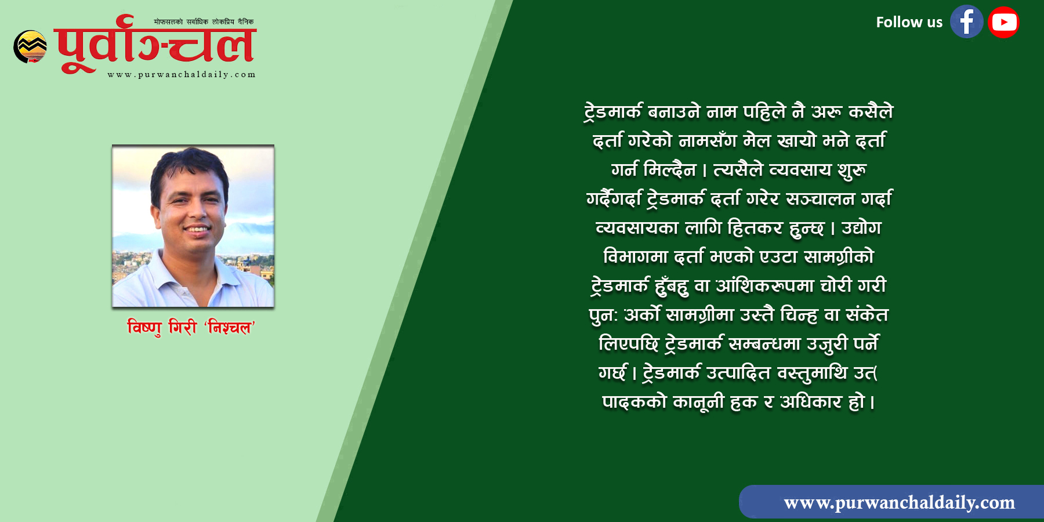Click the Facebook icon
coord(966,22)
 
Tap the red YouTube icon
coord(1003,22)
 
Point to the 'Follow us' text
coord(909,23)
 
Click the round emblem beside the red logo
coord(30,46)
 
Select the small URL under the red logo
coord(182,74)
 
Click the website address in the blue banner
coord(899,502)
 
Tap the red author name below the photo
coord(191,328)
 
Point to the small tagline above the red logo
coord(204,22)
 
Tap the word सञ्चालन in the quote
coord(820,199)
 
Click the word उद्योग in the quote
coord(861,227)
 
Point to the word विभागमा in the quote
coord(636,256)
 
